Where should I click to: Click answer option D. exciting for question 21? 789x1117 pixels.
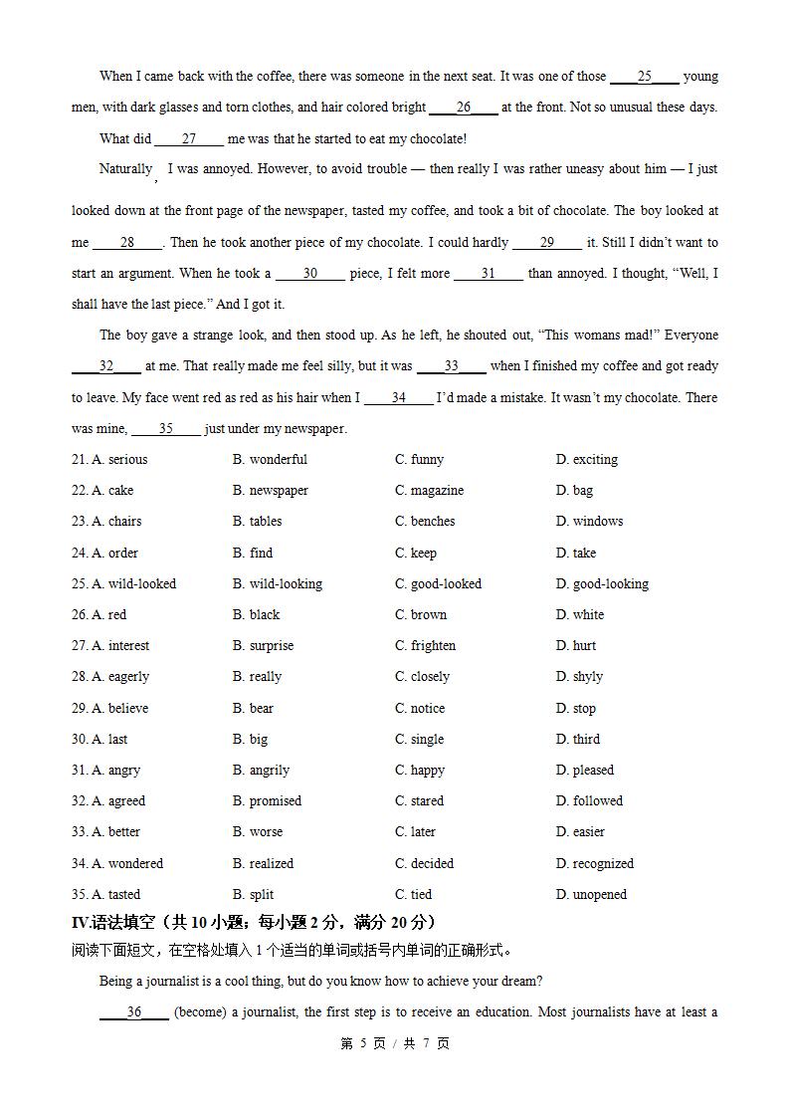[x=586, y=459]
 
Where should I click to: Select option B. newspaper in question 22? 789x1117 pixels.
[x=270, y=490]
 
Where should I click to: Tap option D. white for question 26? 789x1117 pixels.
[x=579, y=614]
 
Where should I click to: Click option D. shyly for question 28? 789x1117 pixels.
[x=579, y=676]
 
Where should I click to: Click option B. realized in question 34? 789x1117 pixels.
[x=263, y=863]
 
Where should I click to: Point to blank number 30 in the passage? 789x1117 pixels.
[x=309, y=273]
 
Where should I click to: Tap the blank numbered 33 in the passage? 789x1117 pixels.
[x=452, y=366]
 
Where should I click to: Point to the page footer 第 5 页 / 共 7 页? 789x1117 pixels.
[x=395, y=1043]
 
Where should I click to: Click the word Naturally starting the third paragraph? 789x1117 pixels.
[x=125, y=168]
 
